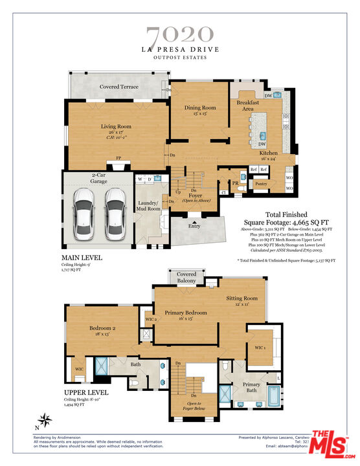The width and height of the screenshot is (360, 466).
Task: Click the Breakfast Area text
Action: point(248,105)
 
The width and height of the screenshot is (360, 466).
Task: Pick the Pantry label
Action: point(261,184)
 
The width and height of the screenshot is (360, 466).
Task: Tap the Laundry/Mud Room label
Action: point(149,206)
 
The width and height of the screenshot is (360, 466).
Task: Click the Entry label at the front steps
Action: point(195,227)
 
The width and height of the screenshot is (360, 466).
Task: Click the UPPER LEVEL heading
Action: point(85,393)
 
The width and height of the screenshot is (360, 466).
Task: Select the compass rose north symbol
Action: point(43,419)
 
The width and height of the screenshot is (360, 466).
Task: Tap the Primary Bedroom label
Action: point(186,313)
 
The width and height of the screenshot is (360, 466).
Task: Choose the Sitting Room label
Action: point(242,299)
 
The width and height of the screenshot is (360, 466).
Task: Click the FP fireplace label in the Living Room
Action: point(118,158)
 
